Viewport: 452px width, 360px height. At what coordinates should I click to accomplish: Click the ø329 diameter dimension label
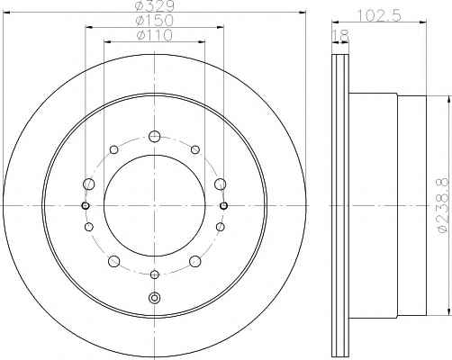click(x=154, y=5)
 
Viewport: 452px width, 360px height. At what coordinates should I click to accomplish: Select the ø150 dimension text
click(x=154, y=21)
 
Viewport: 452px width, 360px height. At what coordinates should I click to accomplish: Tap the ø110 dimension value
click(x=154, y=35)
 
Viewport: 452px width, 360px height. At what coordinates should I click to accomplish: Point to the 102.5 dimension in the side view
click(x=380, y=15)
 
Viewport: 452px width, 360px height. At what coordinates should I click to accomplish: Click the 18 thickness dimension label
click(x=340, y=36)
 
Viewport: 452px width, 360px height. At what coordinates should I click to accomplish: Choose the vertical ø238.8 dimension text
click(x=446, y=206)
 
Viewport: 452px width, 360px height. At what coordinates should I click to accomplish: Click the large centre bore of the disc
click(x=154, y=205)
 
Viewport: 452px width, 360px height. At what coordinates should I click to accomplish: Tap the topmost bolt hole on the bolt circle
click(x=154, y=137)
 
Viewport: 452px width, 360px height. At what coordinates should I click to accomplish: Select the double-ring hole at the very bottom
click(x=154, y=298)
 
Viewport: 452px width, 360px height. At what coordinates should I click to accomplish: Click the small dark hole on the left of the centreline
click(x=86, y=205)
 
